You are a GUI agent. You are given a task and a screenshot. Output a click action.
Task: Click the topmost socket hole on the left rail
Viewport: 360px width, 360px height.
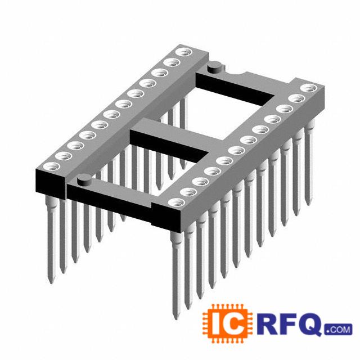(x=184, y=52)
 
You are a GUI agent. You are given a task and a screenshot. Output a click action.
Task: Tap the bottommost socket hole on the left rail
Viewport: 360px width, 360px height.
(x=51, y=166)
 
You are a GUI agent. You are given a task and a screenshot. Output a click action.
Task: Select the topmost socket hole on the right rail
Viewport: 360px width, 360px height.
(x=309, y=88)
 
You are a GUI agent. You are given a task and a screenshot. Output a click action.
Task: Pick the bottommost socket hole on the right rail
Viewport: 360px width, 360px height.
(x=176, y=202)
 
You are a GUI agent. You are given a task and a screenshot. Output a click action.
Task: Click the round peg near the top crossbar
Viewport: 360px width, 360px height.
(x=215, y=67)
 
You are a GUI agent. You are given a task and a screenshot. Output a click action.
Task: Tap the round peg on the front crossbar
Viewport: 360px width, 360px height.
(x=84, y=179)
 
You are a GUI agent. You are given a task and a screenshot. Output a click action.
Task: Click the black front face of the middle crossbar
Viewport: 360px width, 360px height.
(x=169, y=146)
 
